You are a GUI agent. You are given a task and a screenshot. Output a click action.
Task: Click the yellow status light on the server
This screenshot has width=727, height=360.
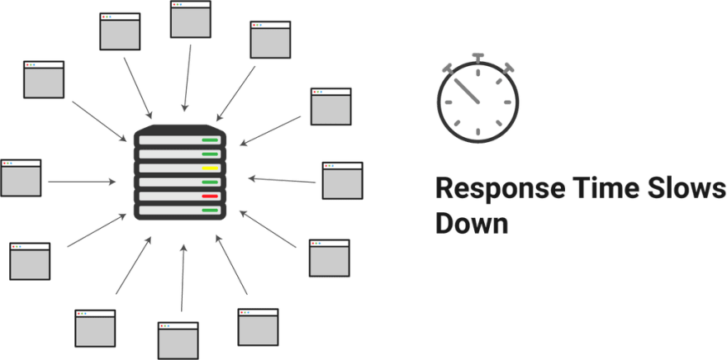click(210, 168)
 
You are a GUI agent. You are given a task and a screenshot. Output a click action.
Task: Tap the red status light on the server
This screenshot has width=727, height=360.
click(210, 196)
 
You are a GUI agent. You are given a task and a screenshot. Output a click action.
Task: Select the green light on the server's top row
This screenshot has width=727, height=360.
click(210, 140)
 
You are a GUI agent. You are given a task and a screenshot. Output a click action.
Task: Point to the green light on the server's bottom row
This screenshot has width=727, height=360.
click(210, 211)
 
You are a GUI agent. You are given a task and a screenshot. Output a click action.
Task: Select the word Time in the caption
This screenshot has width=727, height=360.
click(601, 189)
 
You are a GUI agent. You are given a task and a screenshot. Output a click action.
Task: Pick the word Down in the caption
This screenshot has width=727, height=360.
click(472, 223)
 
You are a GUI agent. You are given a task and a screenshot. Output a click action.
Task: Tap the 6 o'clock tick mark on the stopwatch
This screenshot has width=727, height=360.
click(478, 132)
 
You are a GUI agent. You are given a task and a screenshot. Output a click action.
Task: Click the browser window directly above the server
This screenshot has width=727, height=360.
click(191, 19)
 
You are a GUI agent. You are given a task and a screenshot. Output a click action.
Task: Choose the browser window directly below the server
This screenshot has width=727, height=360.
click(178, 339)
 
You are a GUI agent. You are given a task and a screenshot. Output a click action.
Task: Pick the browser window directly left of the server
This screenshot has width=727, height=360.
click(21, 178)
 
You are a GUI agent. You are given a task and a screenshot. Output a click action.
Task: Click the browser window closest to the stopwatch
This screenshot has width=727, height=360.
click(330, 105)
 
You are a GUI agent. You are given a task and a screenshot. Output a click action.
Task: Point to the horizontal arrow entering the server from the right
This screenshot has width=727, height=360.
click(281, 178)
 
